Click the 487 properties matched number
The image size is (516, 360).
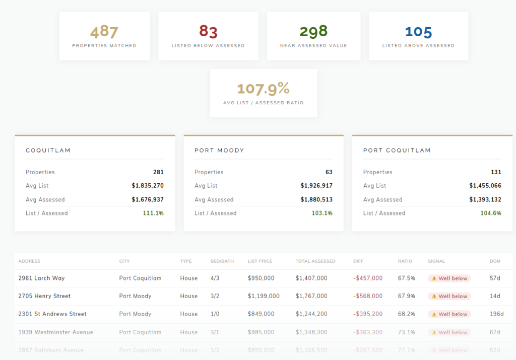pos(104,32)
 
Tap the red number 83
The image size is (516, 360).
pos(208,32)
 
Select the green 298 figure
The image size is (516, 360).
pos(313,32)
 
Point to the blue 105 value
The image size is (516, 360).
pos(418,32)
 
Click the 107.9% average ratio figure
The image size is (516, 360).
pos(263,89)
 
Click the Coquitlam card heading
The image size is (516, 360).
pos(48,151)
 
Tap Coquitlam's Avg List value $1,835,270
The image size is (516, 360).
pos(148,186)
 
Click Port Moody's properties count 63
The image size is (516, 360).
pos(329,172)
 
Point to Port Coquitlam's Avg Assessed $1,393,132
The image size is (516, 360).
pos(485,200)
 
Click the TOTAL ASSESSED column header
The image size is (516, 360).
pos(315,261)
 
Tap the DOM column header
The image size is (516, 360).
pos(495,261)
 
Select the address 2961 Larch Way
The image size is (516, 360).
pos(41,278)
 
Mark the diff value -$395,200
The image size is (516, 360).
pos(368,314)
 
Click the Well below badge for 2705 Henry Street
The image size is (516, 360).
pos(449,296)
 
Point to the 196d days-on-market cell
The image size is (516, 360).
pos(496,314)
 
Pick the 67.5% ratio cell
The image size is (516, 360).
pos(406,278)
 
